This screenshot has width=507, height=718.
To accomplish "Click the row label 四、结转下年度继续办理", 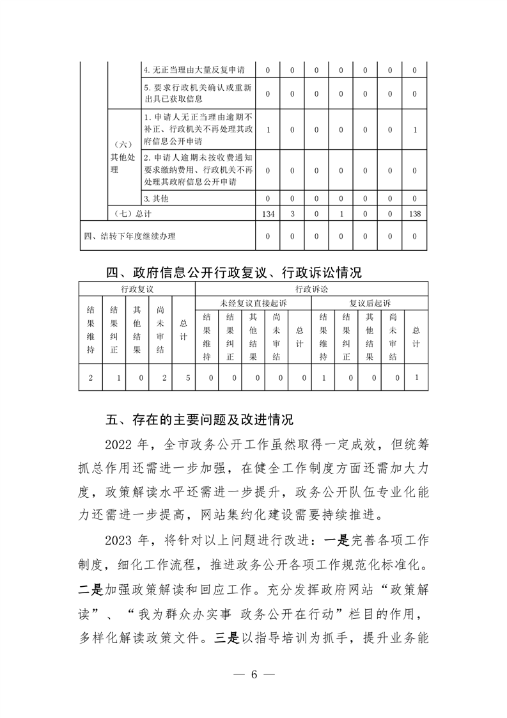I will [x=130, y=236].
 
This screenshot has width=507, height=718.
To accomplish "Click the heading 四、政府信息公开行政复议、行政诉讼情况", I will [x=234, y=273].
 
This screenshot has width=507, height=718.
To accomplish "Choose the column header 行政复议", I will [x=137, y=289].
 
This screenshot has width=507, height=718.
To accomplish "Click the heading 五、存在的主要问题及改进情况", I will [x=199, y=420].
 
